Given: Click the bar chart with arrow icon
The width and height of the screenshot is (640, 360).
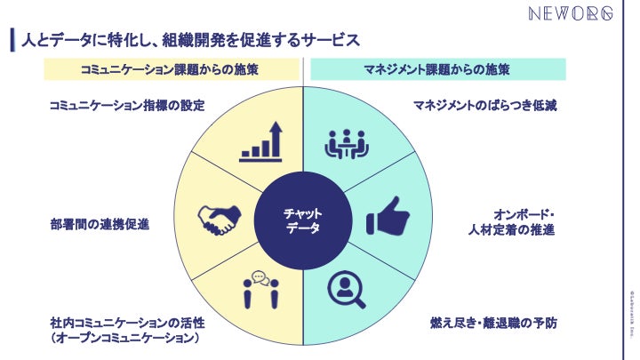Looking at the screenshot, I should [x=262, y=142].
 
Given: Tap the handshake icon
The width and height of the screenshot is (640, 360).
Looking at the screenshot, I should [x=219, y=220].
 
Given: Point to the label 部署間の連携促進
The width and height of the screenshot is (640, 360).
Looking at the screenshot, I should [x=99, y=224].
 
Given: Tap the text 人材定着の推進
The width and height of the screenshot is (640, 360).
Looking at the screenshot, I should [x=511, y=231].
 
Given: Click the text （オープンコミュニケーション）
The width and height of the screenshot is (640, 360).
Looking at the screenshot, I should [x=124, y=339].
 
